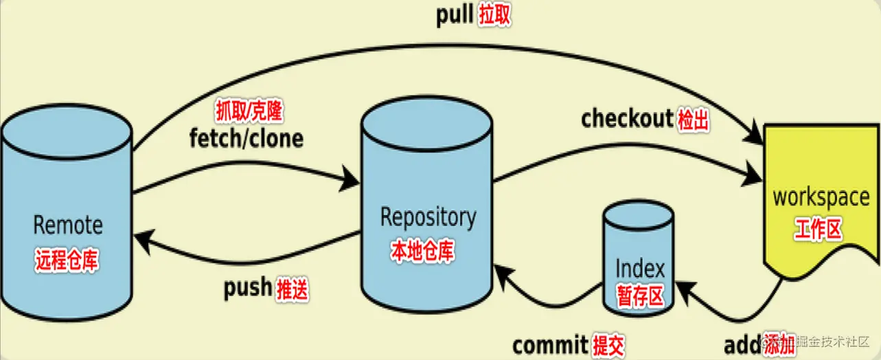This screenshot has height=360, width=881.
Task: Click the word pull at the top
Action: pyautogui.click(x=454, y=15)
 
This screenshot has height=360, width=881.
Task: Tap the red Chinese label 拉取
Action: pyautogui.click(x=494, y=16)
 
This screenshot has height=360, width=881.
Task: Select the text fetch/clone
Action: pyautogui.click(x=246, y=139)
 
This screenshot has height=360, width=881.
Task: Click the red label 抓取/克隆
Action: pyautogui.click(x=249, y=111)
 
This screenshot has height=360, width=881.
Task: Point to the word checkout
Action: pyautogui.click(x=626, y=119)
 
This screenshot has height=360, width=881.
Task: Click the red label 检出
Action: pyautogui.click(x=693, y=120)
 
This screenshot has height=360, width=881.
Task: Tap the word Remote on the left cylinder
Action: pyautogui.click(x=68, y=225)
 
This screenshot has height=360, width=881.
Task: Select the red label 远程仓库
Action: pyautogui.click(x=67, y=260)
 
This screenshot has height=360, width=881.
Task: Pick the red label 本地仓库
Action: pyautogui.click(x=422, y=251)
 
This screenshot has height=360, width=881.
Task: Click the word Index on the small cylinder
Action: pyautogui.click(x=640, y=268)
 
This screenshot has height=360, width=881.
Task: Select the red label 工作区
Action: pyautogui.click(x=818, y=229)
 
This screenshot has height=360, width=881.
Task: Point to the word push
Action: pyautogui.click(x=247, y=288)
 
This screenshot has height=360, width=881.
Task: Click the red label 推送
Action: pyautogui.click(x=293, y=290)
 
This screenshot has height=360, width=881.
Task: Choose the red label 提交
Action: pyautogui.click(x=608, y=345)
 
